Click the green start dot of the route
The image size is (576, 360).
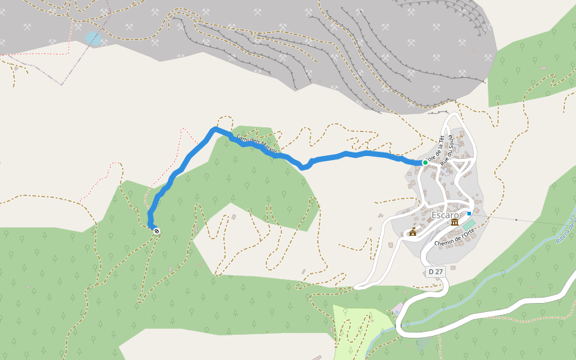click(x=425, y=163)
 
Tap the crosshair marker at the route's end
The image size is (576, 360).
click(x=157, y=231)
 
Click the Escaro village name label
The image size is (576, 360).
click(x=445, y=215)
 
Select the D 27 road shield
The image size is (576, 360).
click(x=436, y=272)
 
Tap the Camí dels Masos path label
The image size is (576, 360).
click(x=257, y=145)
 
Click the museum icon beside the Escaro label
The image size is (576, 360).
click(x=455, y=223)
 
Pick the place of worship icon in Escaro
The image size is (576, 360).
click(x=412, y=232)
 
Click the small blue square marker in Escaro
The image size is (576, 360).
click(x=469, y=213)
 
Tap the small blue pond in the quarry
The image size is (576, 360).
click(x=93, y=39)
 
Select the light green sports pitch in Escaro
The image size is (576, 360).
click(x=469, y=224)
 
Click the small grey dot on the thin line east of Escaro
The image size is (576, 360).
click(x=516, y=220)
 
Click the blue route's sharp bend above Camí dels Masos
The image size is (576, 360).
click(x=214, y=129)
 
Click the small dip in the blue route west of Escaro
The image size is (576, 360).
click(x=304, y=167)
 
